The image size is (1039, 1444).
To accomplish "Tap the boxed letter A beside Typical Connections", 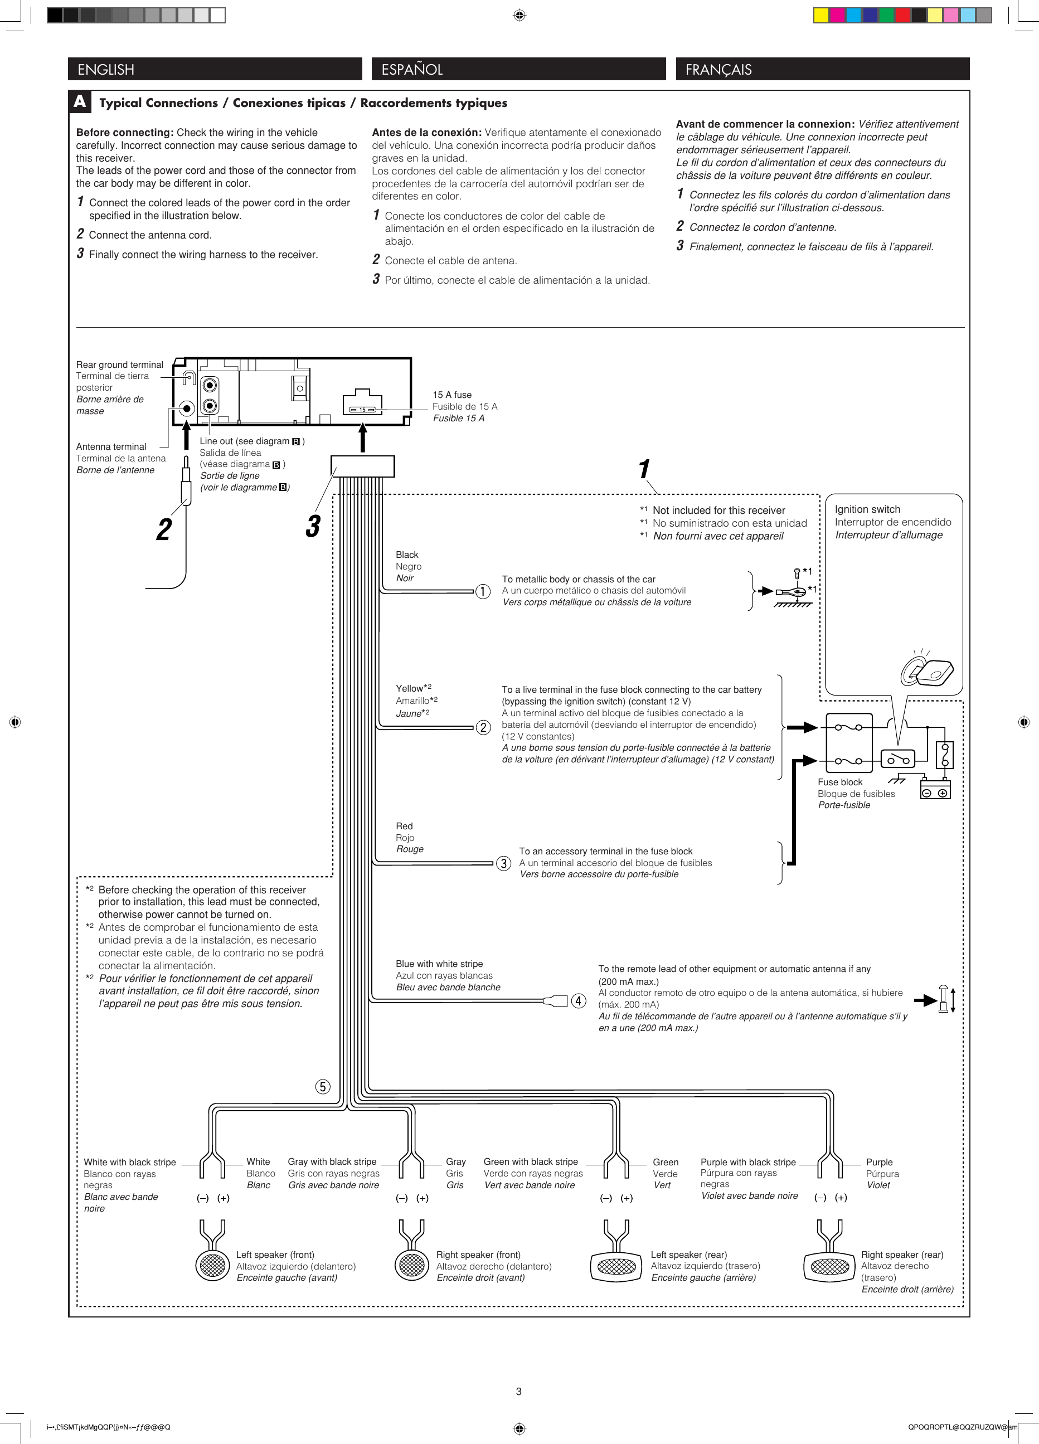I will (80, 101).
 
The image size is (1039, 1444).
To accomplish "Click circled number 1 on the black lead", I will (483, 591).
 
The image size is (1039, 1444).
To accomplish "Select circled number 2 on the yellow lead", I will (483, 727).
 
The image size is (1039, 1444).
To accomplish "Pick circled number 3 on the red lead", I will (503, 863).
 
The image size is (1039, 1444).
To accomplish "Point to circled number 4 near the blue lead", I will (578, 1001).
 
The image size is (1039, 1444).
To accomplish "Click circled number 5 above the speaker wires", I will (323, 1086).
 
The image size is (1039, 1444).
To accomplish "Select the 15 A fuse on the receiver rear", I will (362, 410).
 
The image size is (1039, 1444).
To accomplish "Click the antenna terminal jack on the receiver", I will (187, 408).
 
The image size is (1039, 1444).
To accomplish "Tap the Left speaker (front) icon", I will (212, 1265).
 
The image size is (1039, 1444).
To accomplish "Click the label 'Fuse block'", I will (840, 782).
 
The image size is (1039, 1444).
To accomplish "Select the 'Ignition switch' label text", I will (867, 509).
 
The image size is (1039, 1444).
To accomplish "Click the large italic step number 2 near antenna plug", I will (164, 529).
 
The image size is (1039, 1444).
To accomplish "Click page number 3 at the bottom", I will (518, 1391).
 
